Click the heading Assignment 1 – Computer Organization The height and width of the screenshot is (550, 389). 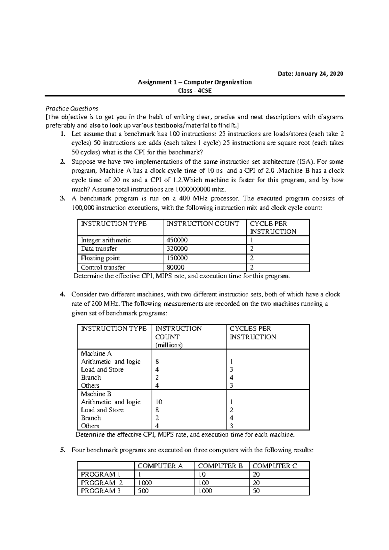[195, 82]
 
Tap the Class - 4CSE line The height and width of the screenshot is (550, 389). [195, 91]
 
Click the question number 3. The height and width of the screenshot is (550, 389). [63, 198]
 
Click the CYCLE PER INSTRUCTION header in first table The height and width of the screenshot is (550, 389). [273, 227]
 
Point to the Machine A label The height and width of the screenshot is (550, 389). [96, 353]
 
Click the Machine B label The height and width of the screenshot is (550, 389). [96, 394]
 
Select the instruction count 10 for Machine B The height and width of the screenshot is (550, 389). [159, 402]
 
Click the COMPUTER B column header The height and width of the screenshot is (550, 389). [220, 466]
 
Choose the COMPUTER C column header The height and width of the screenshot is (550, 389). [275, 466]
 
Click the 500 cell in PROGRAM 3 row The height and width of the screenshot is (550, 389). [143, 491]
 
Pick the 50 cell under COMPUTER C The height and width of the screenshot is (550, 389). [256, 491]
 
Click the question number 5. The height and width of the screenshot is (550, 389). [63, 450]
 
